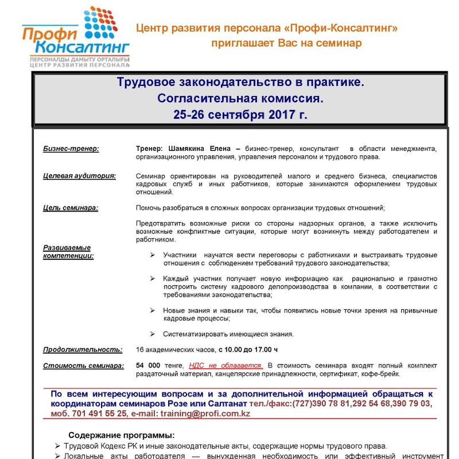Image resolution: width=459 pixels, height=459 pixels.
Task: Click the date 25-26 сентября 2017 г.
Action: tap(240, 115)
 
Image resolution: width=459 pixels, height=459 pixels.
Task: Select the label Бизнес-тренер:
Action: tap(71, 149)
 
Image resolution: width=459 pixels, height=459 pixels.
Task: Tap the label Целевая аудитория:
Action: tap(79, 176)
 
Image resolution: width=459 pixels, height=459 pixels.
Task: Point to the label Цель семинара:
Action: tap(71, 208)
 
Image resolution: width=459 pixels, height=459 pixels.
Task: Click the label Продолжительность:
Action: tap(83, 349)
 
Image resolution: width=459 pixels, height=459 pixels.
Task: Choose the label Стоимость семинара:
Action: tap(83, 365)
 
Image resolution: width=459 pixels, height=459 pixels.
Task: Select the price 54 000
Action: tap(147, 365)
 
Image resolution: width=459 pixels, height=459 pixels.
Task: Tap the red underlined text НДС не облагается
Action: tap(225, 365)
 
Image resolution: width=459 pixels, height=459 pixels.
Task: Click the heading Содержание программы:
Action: tap(122, 434)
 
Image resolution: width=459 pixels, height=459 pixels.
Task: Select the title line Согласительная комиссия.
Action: tap(240, 99)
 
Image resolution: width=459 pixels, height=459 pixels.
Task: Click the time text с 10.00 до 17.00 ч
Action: tap(248, 349)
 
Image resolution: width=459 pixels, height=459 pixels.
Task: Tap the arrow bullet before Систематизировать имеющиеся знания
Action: tap(152, 334)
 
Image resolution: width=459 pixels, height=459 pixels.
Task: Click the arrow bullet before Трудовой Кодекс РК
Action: tap(57, 446)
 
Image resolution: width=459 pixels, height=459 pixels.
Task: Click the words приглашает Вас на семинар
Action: tap(286, 43)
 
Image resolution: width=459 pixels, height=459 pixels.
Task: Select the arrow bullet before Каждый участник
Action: tap(152, 278)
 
